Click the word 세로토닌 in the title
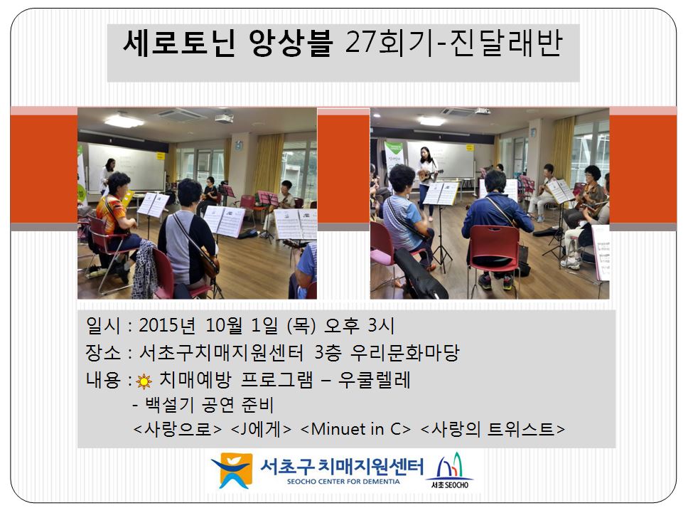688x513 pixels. pyautogui.click(x=179, y=43)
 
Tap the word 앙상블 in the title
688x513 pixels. pyautogui.click(x=290, y=43)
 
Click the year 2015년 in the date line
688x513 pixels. pyautogui.click(x=167, y=325)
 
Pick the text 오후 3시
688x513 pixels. pyautogui.click(x=358, y=325)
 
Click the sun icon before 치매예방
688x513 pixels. pyautogui.click(x=144, y=381)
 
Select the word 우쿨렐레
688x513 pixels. pyautogui.click(x=374, y=380)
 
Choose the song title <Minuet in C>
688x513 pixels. pyautogui.click(x=355, y=428)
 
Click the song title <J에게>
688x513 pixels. pyautogui.click(x=261, y=428)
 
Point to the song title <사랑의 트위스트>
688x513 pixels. pyautogui.click(x=493, y=428)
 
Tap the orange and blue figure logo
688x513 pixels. pyautogui.click(x=232, y=470)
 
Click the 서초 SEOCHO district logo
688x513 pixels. pyautogui.click(x=449, y=471)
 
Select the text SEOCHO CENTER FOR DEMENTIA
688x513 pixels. pyautogui.click(x=343, y=482)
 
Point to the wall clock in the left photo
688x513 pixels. pyautogui.click(x=238, y=145)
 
